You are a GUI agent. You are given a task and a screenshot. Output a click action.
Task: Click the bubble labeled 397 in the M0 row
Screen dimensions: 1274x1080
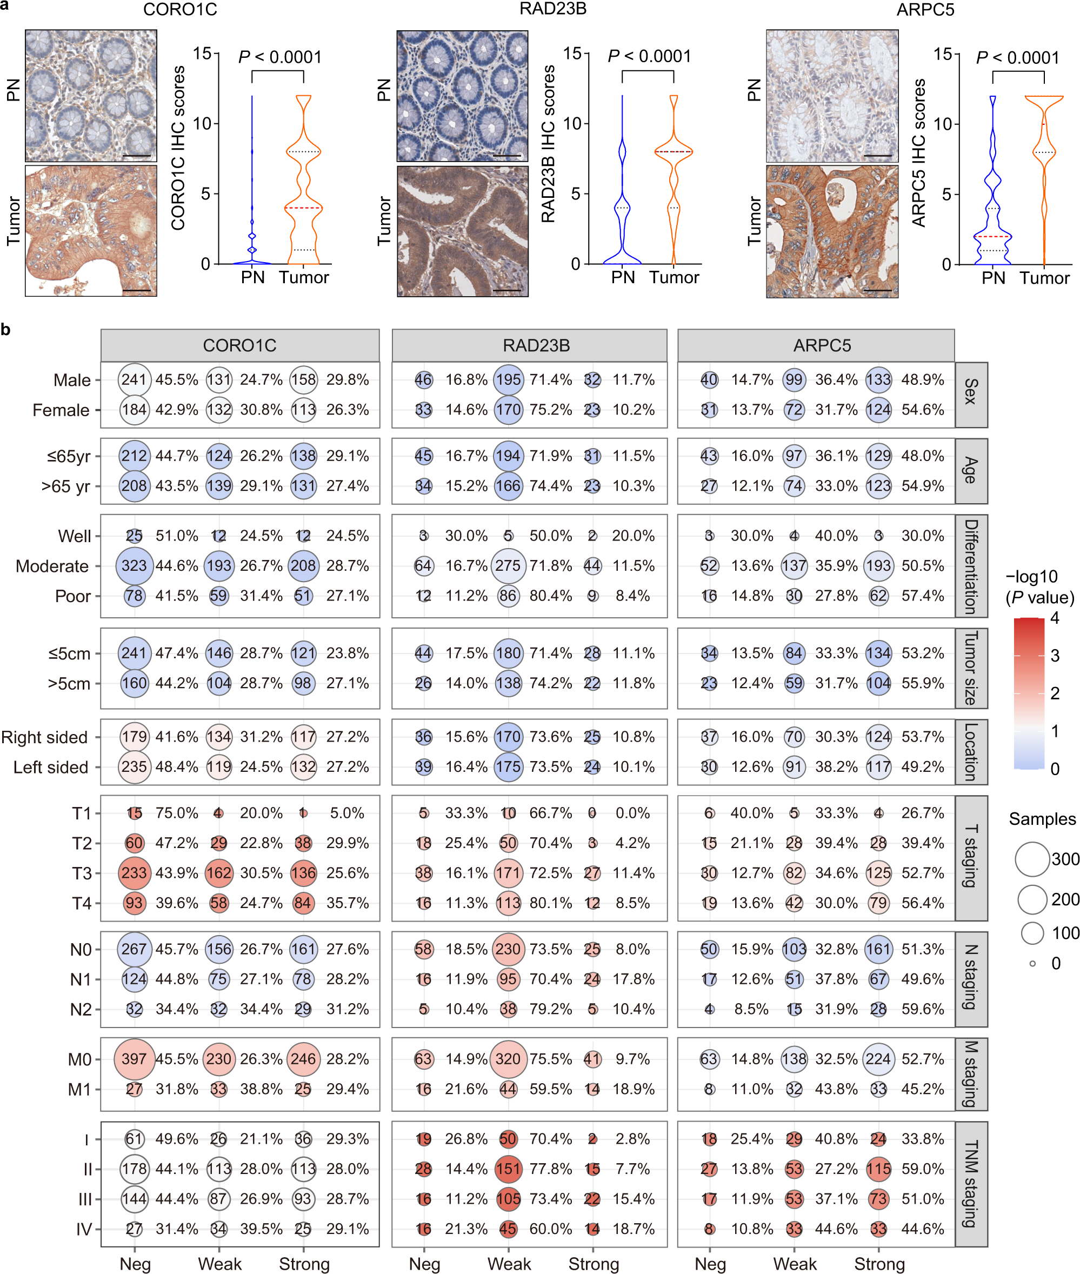coord(134,1059)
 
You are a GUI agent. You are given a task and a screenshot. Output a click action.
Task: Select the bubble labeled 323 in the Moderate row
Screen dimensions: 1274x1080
coord(134,566)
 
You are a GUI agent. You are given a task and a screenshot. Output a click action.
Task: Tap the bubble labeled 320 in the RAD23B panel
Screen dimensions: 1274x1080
coord(508,1059)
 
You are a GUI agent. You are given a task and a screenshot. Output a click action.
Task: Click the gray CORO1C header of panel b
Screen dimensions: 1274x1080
coord(239,345)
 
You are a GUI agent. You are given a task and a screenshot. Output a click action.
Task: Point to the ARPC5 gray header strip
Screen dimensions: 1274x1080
coord(822,345)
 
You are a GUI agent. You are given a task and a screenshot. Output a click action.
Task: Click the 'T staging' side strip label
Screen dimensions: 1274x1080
coord(971,857)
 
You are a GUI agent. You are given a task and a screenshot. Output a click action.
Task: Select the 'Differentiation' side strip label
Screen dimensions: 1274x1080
coord(971,566)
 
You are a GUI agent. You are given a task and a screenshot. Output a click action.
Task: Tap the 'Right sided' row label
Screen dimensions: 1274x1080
coord(45,737)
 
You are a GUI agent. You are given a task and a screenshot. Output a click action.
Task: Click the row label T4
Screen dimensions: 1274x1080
coord(82,904)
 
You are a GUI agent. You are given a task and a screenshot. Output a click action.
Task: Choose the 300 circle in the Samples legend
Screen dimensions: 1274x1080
coord(1032,859)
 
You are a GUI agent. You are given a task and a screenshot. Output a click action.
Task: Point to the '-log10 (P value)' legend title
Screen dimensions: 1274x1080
coord(1039,586)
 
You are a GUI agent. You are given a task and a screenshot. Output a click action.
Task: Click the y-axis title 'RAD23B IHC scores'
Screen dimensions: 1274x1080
coord(548,144)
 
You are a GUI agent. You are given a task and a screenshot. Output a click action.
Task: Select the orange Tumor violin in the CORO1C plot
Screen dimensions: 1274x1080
coord(304,184)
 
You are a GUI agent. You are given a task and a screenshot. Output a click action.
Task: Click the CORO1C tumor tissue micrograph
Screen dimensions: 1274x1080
coord(91,231)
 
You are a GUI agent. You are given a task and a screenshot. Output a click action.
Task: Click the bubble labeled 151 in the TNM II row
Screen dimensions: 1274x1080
coord(508,1169)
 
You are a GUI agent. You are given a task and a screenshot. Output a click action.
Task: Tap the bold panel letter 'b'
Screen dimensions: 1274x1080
coord(5,330)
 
